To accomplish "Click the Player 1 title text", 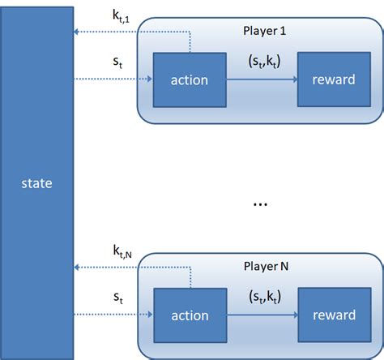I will [265, 32].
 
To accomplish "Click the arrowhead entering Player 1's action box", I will [150, 79].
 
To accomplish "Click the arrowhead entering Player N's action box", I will [150, 315].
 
